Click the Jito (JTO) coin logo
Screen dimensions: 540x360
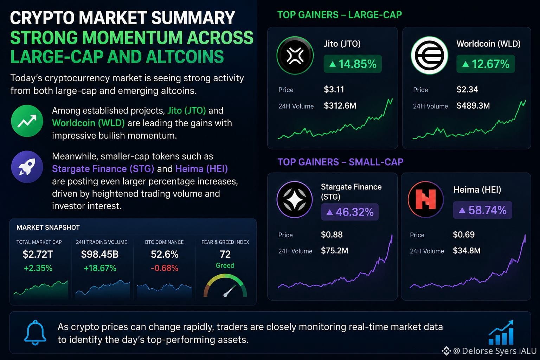pyautogui.click(x=295, y=55)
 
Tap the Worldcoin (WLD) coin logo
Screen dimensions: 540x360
pyautogui.click(x=429, y=55)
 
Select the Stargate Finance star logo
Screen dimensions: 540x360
pyautogui.click(x=295, y=199)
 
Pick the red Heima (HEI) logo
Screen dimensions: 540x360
pyautogui.click(x=426, y=199)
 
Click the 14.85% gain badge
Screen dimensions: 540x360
pyautogui.click(x=353, y=64)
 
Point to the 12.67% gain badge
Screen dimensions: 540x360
pyautogui.click(x=486, y=64)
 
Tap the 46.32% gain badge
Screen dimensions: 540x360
pyautogui.click(x=349, y=212)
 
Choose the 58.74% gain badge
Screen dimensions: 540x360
pyautogui.click(x=482, y=210)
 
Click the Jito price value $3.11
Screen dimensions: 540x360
pyautogui.click(x=334, y=89)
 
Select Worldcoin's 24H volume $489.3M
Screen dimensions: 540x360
pyautogui.click(x=473, y=105)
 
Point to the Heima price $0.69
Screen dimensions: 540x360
pyautogui.click(x=464, y=234)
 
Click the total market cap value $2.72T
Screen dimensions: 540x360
pyautogui.click(x=38, y=254)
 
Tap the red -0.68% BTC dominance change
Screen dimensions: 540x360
pyautogui.click(x=165, y=268)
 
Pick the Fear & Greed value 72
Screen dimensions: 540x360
pyautogui.click(x=225, y=254)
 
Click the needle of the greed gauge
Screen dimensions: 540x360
pyautogui.click(x=229, y=291)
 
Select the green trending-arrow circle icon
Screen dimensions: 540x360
pyautogui.click(x=27, y=121)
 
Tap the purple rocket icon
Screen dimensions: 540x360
pyautogui.click(x=27, y=167)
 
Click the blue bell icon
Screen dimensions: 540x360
pyautogui.click(x=35, y=333)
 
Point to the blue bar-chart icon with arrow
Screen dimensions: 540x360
pyautogui.click(x=501, y=332)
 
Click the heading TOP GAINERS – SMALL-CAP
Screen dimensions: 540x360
pyautogui.click(x=340, y=162)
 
